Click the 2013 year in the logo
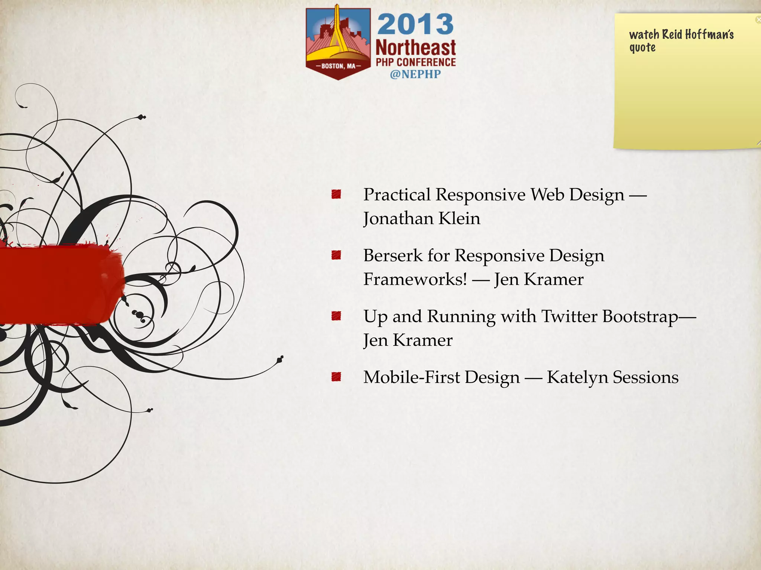[415, 24]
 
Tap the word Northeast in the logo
[415, 48]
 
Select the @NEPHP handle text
[415, 74]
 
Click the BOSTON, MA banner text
[338, 66]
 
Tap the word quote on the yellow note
[642, 48]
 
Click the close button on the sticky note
[758, 20]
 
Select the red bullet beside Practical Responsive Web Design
[336, 194]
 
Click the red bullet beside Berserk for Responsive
[336, 255]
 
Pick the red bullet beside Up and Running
[336, 316]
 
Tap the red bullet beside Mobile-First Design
[336, 377]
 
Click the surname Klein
[459, 218]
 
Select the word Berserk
[393, 256]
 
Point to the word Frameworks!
[415, 279]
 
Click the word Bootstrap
[640, 317]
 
